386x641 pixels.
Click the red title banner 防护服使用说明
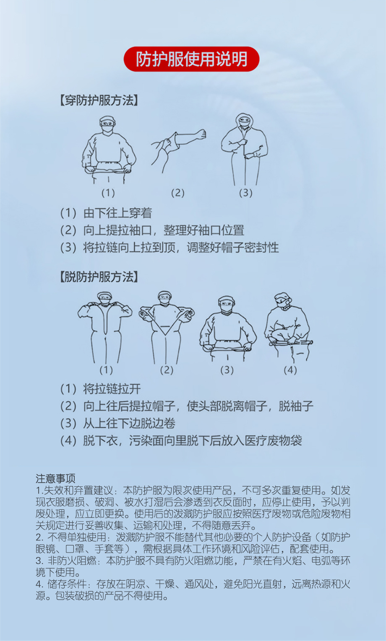[191, 59]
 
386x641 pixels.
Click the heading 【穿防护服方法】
[99, 101]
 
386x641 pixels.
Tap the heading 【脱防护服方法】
[99, 277]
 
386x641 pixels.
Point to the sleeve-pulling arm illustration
[178, 149]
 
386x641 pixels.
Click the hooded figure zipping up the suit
[245, 149]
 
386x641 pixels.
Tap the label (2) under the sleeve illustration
[178, 193]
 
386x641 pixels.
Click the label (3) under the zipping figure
[245, 193]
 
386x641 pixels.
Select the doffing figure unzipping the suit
[105, 327]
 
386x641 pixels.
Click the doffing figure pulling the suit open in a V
[167, 327]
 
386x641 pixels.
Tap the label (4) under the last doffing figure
[290, 370]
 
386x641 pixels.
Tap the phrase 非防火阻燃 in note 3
[72, 561]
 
